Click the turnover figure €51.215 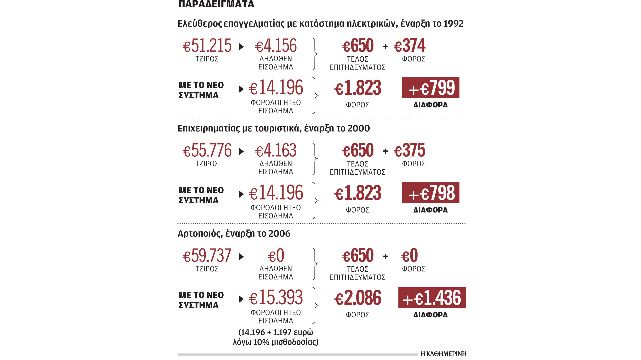(x=207, y=46)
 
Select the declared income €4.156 (x=276, y=46)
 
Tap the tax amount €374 (x=410, y=46)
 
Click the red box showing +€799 (x=430, y=88)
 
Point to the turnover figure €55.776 (x=207, y=151)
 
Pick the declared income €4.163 (x=276, y=151)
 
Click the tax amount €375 (x=410, y=151)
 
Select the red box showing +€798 (x=430, y=193)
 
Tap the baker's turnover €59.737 (x=207, y=256)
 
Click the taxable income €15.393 (x=276, y=298)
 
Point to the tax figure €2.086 (x=358, y=298)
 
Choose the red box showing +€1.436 (x=432, y=298)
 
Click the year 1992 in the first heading (x=453, y=24)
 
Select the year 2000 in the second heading (x=359, y=129)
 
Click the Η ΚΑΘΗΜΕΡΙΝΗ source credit (x=443, y=354)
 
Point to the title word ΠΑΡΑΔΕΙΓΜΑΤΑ (x=216, y=4)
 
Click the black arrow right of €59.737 (x=241, y=257)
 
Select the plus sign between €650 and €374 (x=385, y=46)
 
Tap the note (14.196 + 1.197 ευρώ (x=276, y=332)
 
